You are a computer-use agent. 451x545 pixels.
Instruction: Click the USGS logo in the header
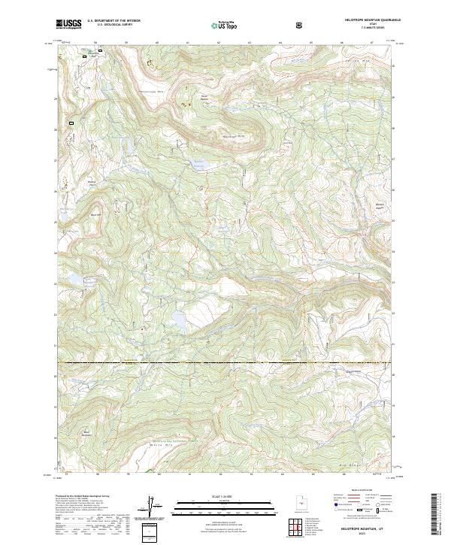coord(68,25)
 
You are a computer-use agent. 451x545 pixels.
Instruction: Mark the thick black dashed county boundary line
coord(225,363)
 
